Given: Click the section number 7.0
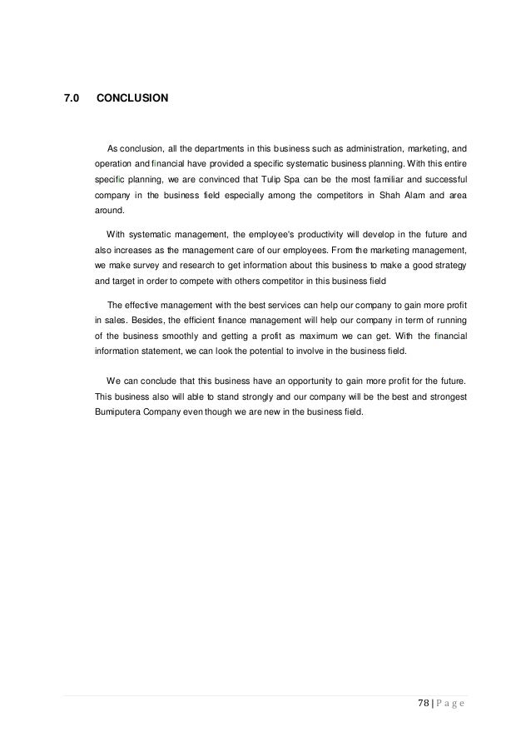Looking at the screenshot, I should [72, 98].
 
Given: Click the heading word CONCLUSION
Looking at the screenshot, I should [132, 98].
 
